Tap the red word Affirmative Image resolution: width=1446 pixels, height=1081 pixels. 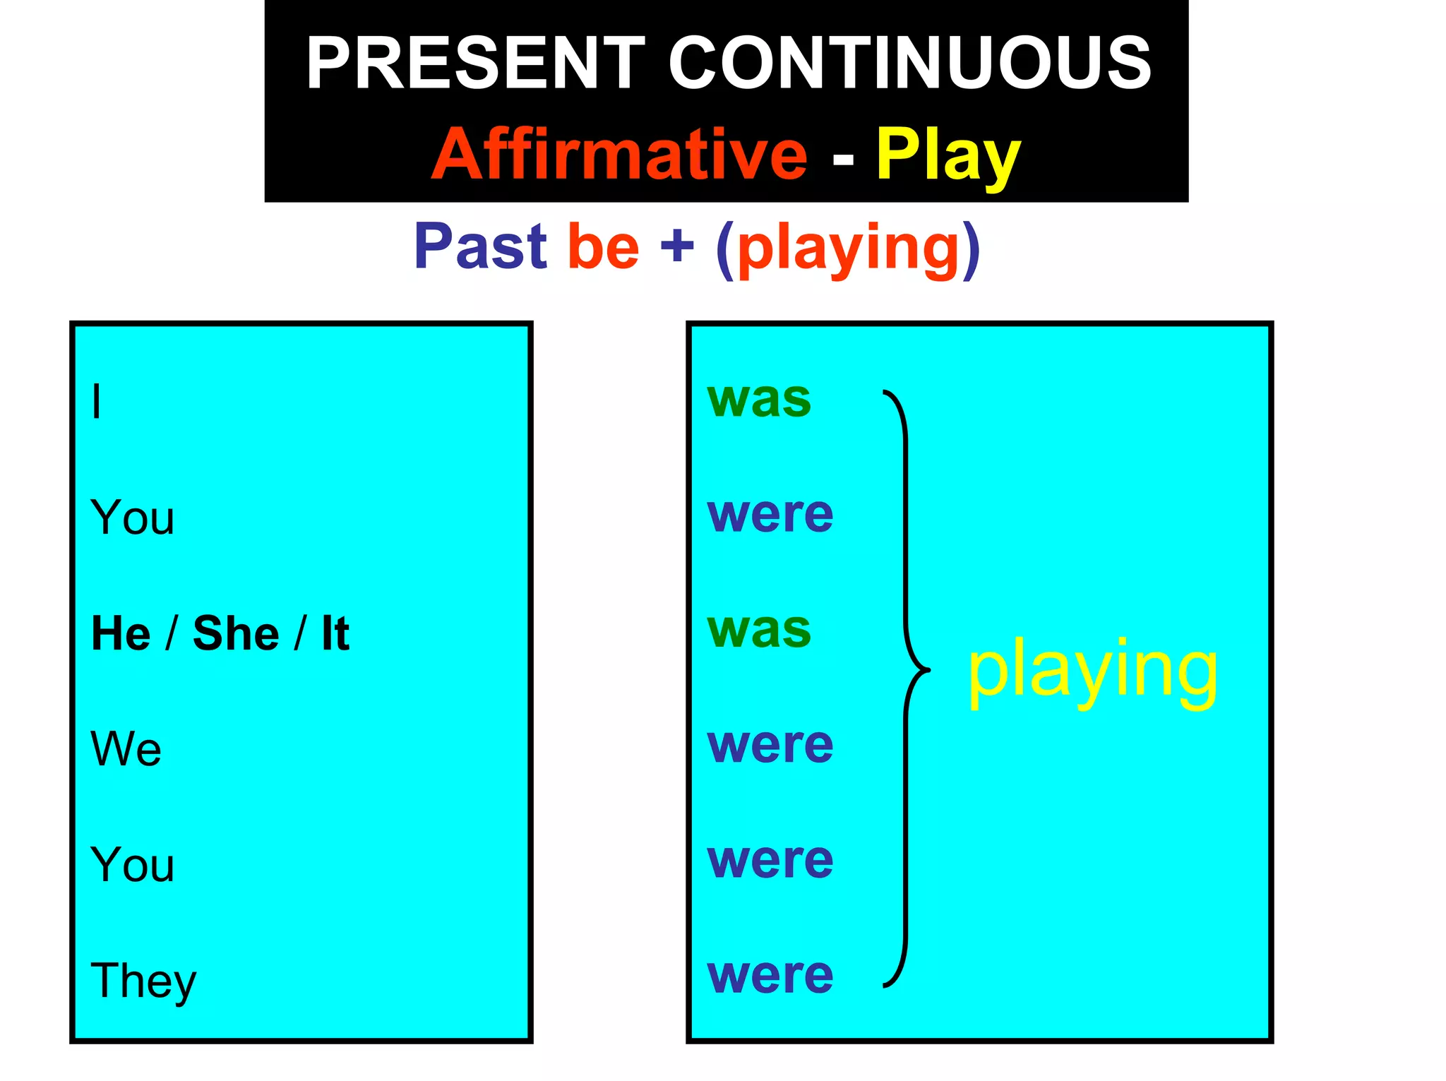point(619,155)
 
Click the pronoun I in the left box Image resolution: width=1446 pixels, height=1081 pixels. point(97,401)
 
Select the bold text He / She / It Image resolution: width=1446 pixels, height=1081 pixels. point(220,633)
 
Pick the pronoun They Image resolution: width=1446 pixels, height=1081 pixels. point(143,981)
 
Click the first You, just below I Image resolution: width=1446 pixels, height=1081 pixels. point(132,518)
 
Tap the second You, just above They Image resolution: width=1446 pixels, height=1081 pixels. point(132,864)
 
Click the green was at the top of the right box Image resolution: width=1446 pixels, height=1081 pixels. point(759,400)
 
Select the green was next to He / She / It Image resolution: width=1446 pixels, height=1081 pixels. point(759,630)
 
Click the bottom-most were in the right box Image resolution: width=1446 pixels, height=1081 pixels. point(770,976)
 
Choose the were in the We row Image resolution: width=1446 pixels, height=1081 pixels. point(770,745)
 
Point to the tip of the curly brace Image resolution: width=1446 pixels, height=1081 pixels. point(928,669)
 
